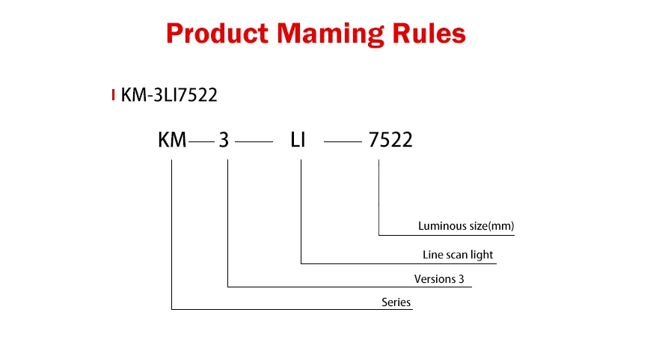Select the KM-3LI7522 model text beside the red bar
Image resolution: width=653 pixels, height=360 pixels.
click(x=169, y=95)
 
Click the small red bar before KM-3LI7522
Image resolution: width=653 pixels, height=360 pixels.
click(x=113, y=95)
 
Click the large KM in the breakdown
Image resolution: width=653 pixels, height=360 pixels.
click(x=172, y=140)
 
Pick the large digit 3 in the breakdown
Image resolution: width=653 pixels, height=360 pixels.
click(x=224, y=140)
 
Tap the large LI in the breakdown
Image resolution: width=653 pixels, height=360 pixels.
click(x=298, y=140)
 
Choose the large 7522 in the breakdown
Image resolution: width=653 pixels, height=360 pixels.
click(x=390, y=140)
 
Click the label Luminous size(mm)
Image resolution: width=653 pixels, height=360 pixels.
click(x=466, y=225)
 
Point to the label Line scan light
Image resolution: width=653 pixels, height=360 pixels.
click(x=458, y=254)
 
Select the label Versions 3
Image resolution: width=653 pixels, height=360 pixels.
click(x=445, y=279)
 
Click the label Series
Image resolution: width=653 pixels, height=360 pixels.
click(x=396, y=302)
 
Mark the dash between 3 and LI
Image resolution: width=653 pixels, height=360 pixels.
click(x=254, y=141)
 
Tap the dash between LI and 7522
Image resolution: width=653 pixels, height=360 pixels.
click(x=343, y=141)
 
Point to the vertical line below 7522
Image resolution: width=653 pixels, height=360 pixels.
click(x=379, y=198)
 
